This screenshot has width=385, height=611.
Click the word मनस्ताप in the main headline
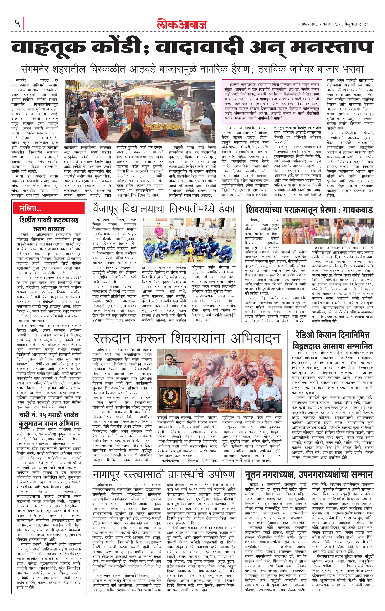tap(331, 47)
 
